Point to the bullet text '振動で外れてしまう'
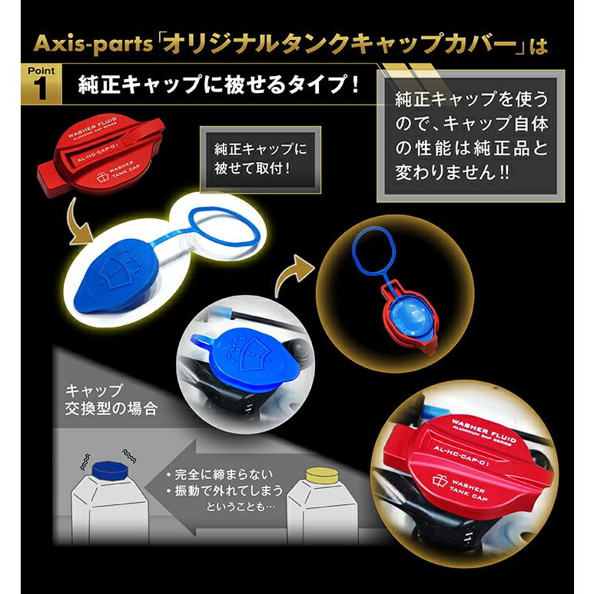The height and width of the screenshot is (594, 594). pyautogui.click(x=223, y=489)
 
